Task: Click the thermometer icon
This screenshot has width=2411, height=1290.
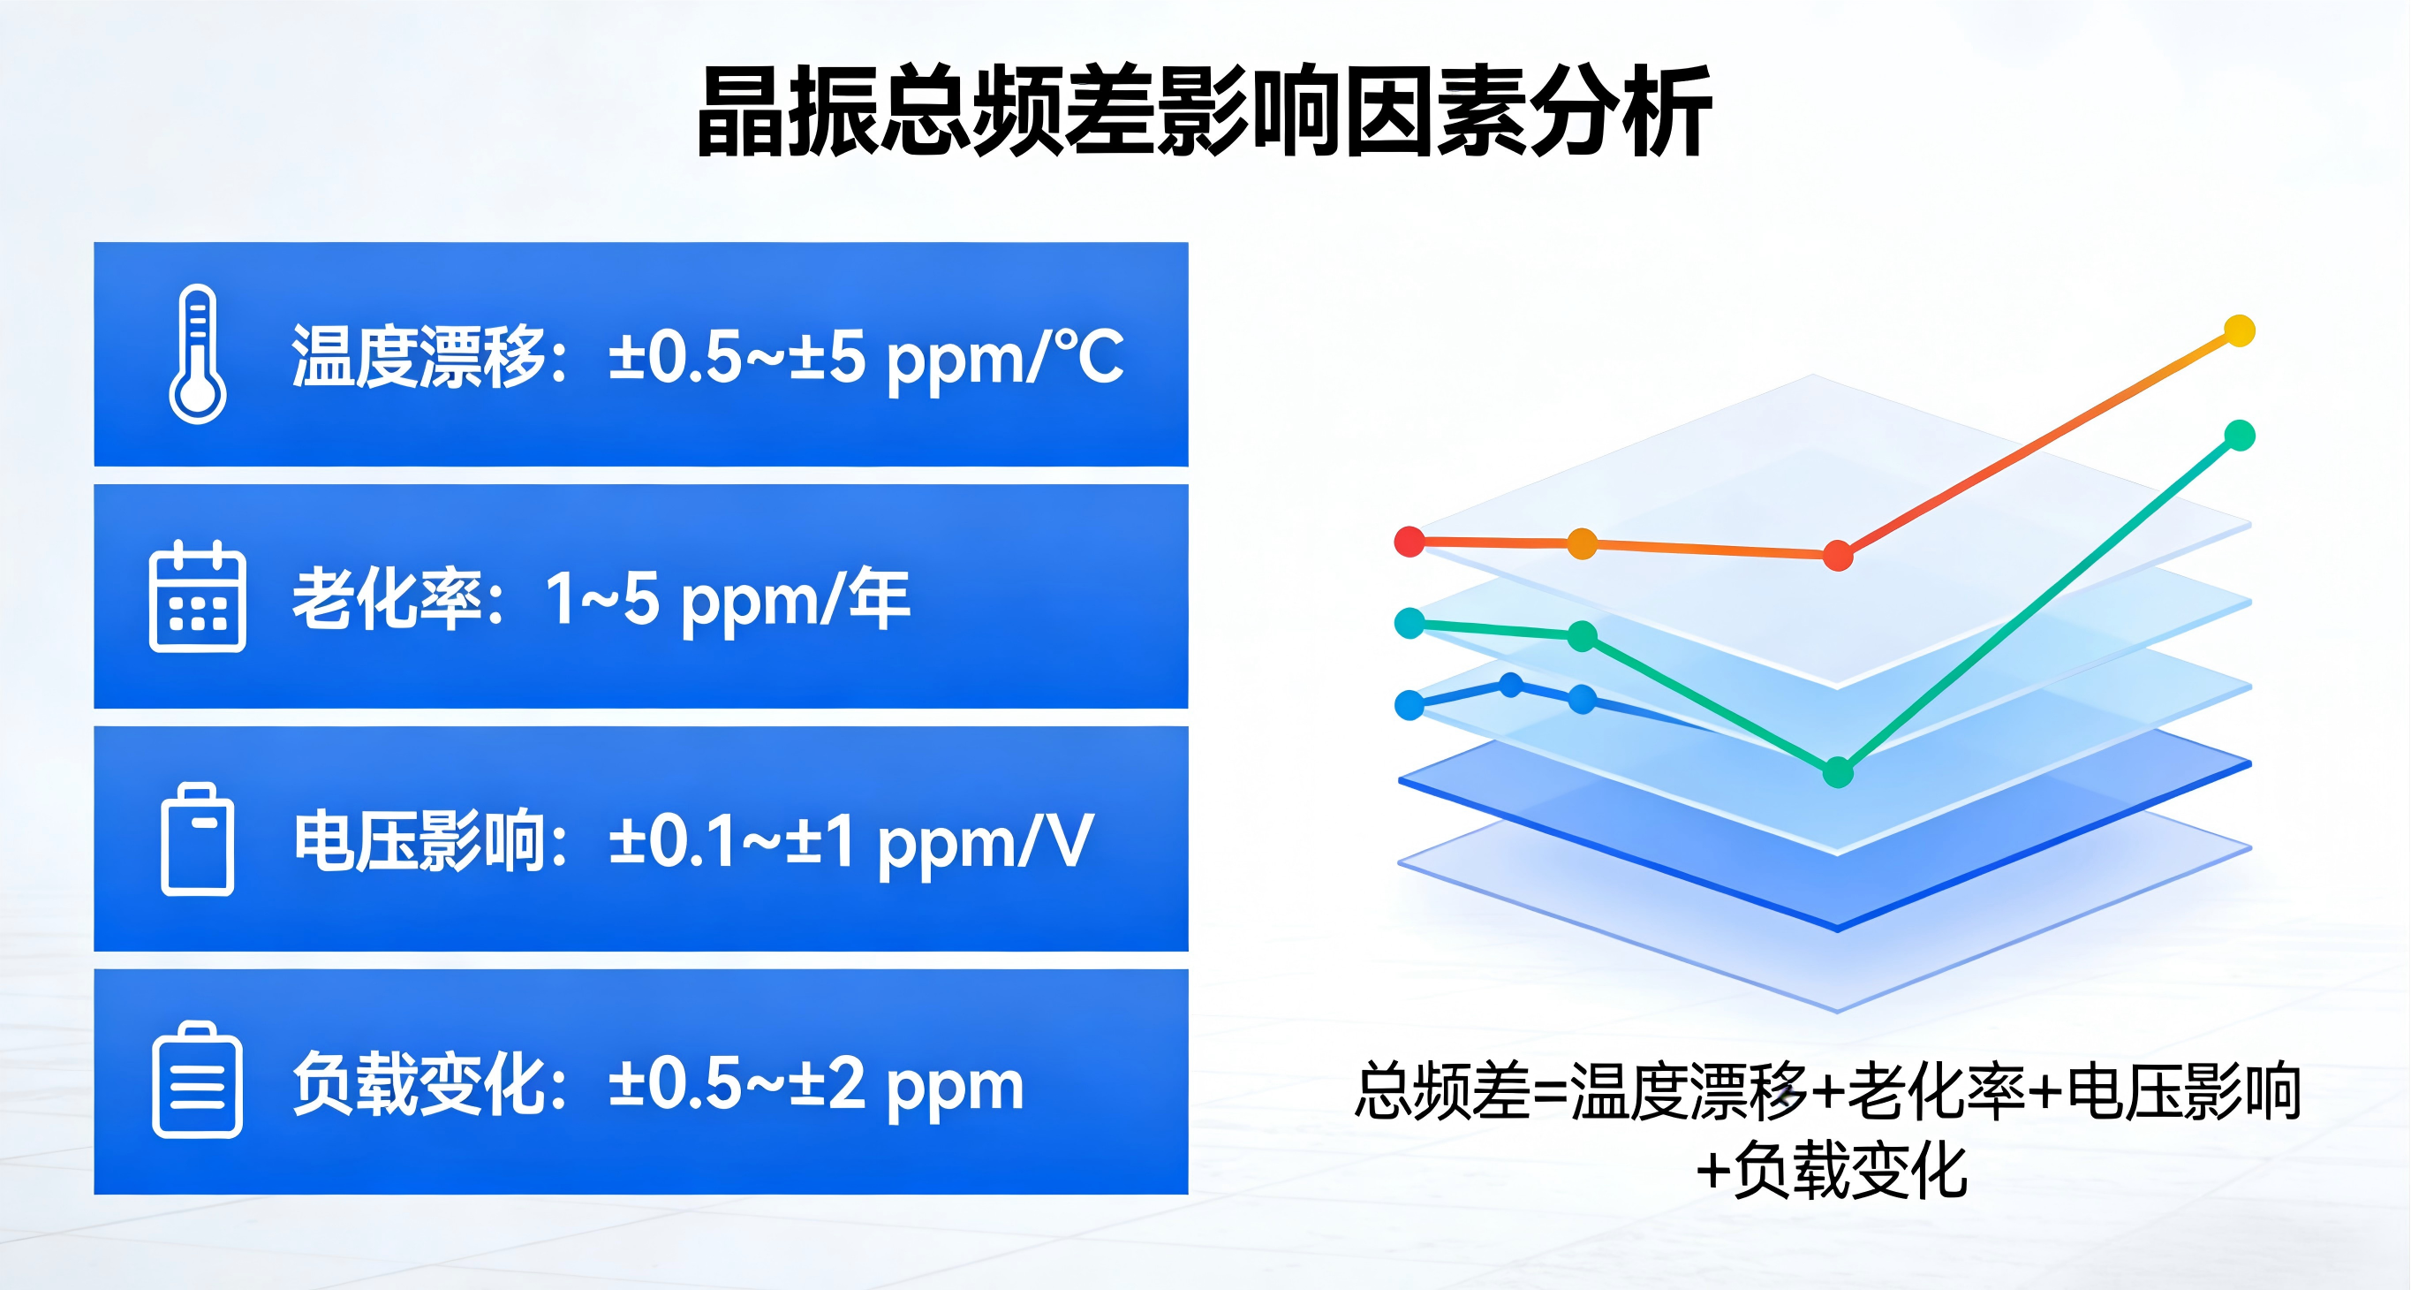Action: [198, 353]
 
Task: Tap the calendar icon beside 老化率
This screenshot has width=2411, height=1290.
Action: [198, 596]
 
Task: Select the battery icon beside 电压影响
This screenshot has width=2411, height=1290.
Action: [198, 838]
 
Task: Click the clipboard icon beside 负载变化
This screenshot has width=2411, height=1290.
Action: [198, 1080]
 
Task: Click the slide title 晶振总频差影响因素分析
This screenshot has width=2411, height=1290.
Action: [1205, 111]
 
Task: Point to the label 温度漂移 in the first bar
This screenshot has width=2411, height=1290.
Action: [419, 356]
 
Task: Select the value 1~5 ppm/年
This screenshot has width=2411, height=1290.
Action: [727, 599]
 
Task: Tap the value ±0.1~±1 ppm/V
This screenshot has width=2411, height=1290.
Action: [850, 841]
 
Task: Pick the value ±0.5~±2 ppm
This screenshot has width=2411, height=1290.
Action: [816, 1084]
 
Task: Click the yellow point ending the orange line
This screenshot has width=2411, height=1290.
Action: [2240, 330]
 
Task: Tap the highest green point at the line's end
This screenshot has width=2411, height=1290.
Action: [2240, 436]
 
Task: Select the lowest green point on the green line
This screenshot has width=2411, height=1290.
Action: [1838, 772]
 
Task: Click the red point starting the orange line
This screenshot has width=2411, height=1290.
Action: [1410, 541]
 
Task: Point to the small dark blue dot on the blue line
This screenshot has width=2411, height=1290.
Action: [1510, 686]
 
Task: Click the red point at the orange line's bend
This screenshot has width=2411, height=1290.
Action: [1838, 555]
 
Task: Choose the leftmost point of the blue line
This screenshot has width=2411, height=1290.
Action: [1410, 704]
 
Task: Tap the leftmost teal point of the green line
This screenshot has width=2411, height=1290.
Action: [1410, 623]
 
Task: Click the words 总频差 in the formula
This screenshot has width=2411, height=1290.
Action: [1442, 1091]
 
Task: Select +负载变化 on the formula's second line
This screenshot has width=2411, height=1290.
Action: [1832, 1170]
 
